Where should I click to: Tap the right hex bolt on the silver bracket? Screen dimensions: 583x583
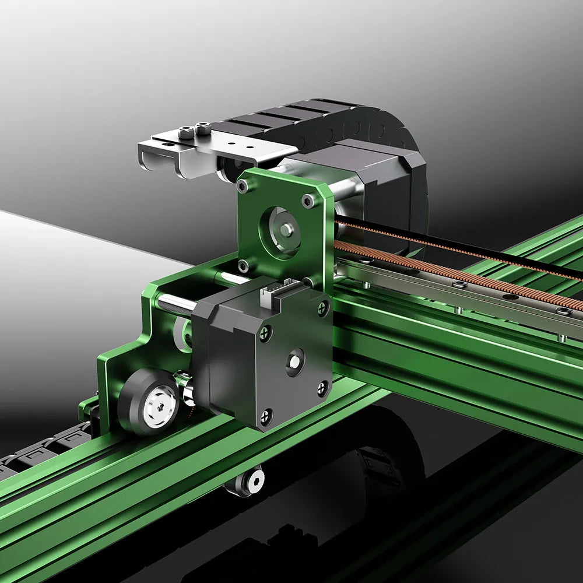point(203,128)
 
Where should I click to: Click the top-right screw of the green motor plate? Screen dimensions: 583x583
point(307,202)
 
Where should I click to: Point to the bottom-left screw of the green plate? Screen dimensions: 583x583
point(244,266)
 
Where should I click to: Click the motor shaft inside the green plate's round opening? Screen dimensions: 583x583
point(285,230)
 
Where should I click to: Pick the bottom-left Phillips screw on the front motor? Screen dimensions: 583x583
point(266,416)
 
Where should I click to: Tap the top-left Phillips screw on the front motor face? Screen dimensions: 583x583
point(266,333)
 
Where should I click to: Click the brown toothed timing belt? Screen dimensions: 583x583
point(466,274)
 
